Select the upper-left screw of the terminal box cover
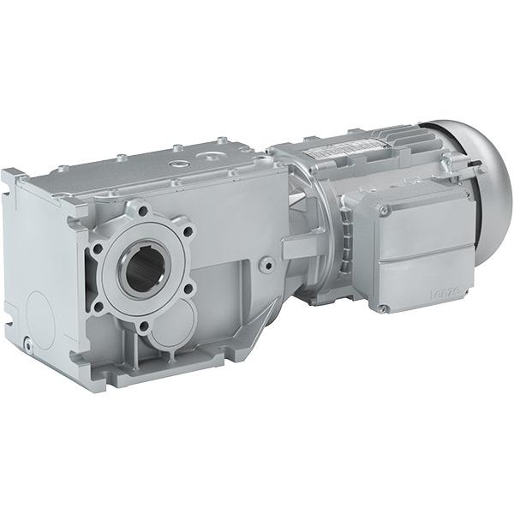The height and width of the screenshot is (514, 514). pyautogui.click(x=384, y=209)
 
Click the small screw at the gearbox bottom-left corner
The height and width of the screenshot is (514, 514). pyautogui.click(x=29, y=344)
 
